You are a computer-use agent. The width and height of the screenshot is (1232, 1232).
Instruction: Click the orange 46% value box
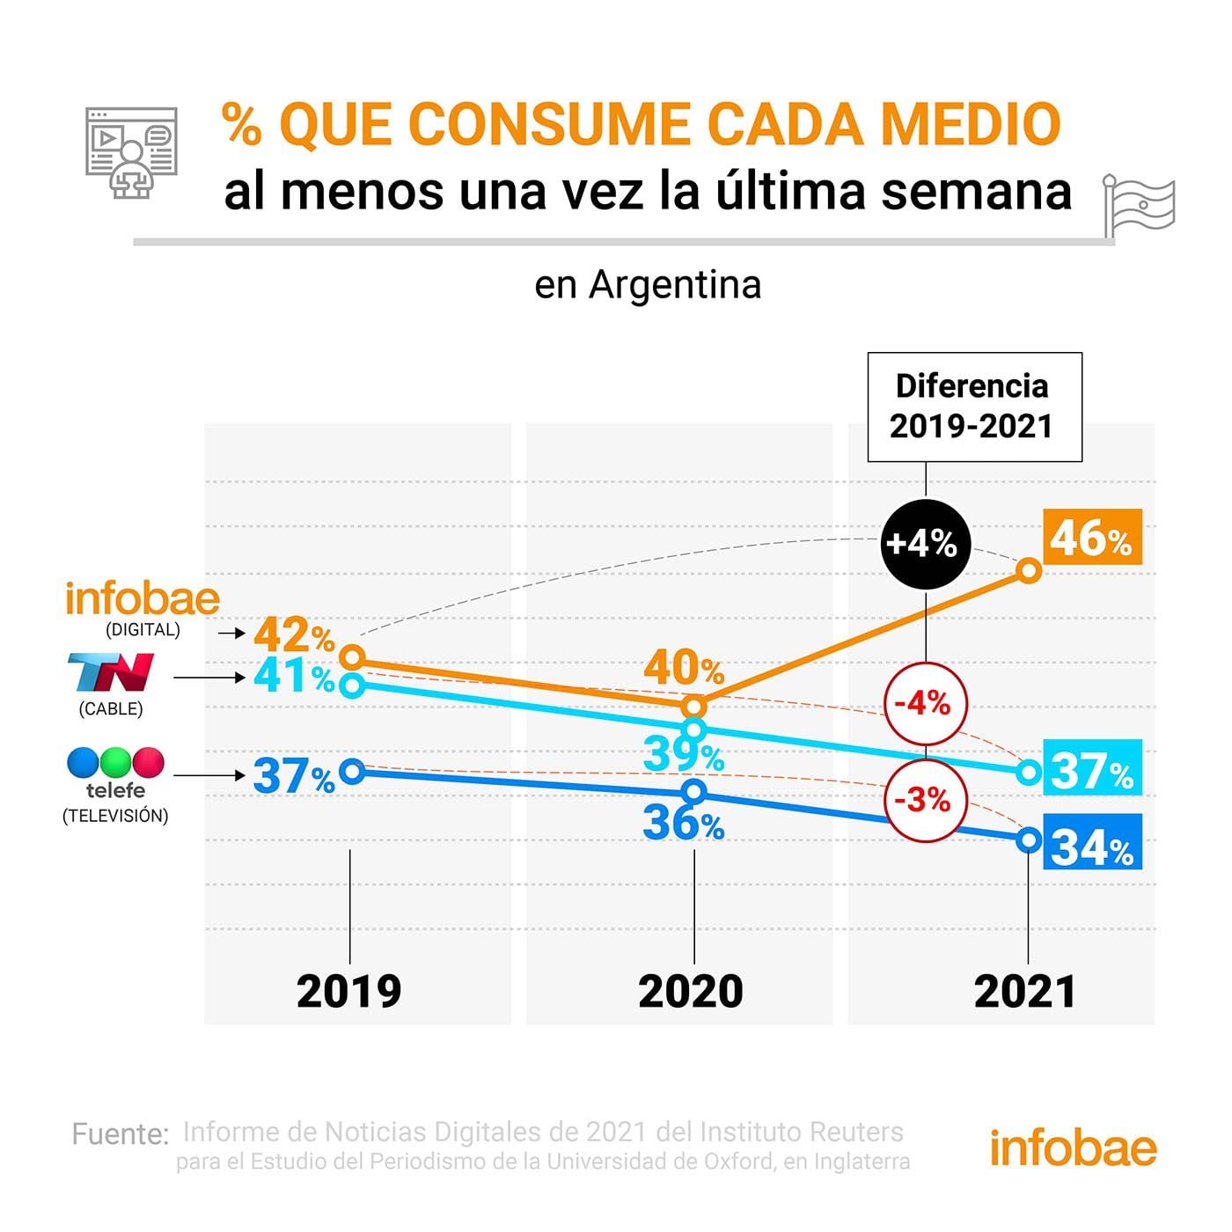1092,537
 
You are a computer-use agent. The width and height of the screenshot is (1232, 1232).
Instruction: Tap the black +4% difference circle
925,543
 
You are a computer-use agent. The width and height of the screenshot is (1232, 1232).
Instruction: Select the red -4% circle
925,704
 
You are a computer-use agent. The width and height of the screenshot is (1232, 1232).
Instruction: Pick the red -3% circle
925,800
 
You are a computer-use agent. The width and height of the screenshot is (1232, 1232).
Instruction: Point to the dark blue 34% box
1092,843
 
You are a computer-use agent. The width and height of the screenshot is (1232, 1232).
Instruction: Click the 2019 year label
349,992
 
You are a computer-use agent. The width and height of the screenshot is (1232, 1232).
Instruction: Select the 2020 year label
691,992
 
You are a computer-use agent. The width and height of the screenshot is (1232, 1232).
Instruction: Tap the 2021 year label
1025,992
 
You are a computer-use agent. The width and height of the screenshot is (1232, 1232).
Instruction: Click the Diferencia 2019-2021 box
973,407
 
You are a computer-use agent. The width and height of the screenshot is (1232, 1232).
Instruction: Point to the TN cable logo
112,672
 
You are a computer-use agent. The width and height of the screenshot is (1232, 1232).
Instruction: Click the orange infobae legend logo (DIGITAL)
143,599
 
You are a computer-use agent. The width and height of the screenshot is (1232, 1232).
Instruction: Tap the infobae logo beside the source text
1073,1148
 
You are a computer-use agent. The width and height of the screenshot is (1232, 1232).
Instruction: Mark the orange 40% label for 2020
684,668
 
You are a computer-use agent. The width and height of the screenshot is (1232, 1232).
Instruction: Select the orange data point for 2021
1029,571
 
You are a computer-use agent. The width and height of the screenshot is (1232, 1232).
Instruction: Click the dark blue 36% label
684,823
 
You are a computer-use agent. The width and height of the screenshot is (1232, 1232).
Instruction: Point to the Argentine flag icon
1140,206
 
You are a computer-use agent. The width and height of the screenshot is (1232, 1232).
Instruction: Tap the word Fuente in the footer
120,1134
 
